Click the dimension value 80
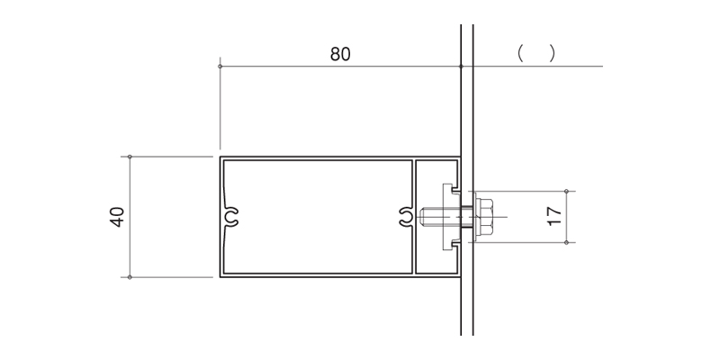[x=340, y=54]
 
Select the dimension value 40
[x=118, y=217]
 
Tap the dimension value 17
[x=554, y=216]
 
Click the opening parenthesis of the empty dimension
[x=520, y=54]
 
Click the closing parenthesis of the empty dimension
[x=552, y=54]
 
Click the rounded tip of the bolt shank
[x=421, y=217]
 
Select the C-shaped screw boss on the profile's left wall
[x=231, y=217]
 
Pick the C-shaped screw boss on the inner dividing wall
[x=406, y=217]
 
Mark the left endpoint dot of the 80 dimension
[x=220, y=66]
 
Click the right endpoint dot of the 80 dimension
[x=461, y=66]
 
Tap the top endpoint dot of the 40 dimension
[x=130, y=157]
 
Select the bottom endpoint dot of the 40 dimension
[x=130, y=277]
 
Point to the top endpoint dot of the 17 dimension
[x=566, y=191]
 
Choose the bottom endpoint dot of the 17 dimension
[x=566, y=242]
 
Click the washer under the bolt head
[x=475, y=217]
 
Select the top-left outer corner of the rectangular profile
[x=220, y=157]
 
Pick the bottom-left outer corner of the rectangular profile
[x=220, y=277]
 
